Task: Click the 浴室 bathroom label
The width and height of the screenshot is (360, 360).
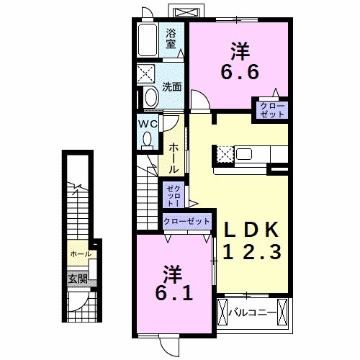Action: pyautogui.click(x=171, y=37)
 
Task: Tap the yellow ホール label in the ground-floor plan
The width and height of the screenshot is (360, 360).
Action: pyautogui.click(x=80, y=254)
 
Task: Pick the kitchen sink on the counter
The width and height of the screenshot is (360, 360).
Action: pyautogui.click(x=243, y=153)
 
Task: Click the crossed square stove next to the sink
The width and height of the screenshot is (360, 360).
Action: pyautogui.click(x=223, y=153)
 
